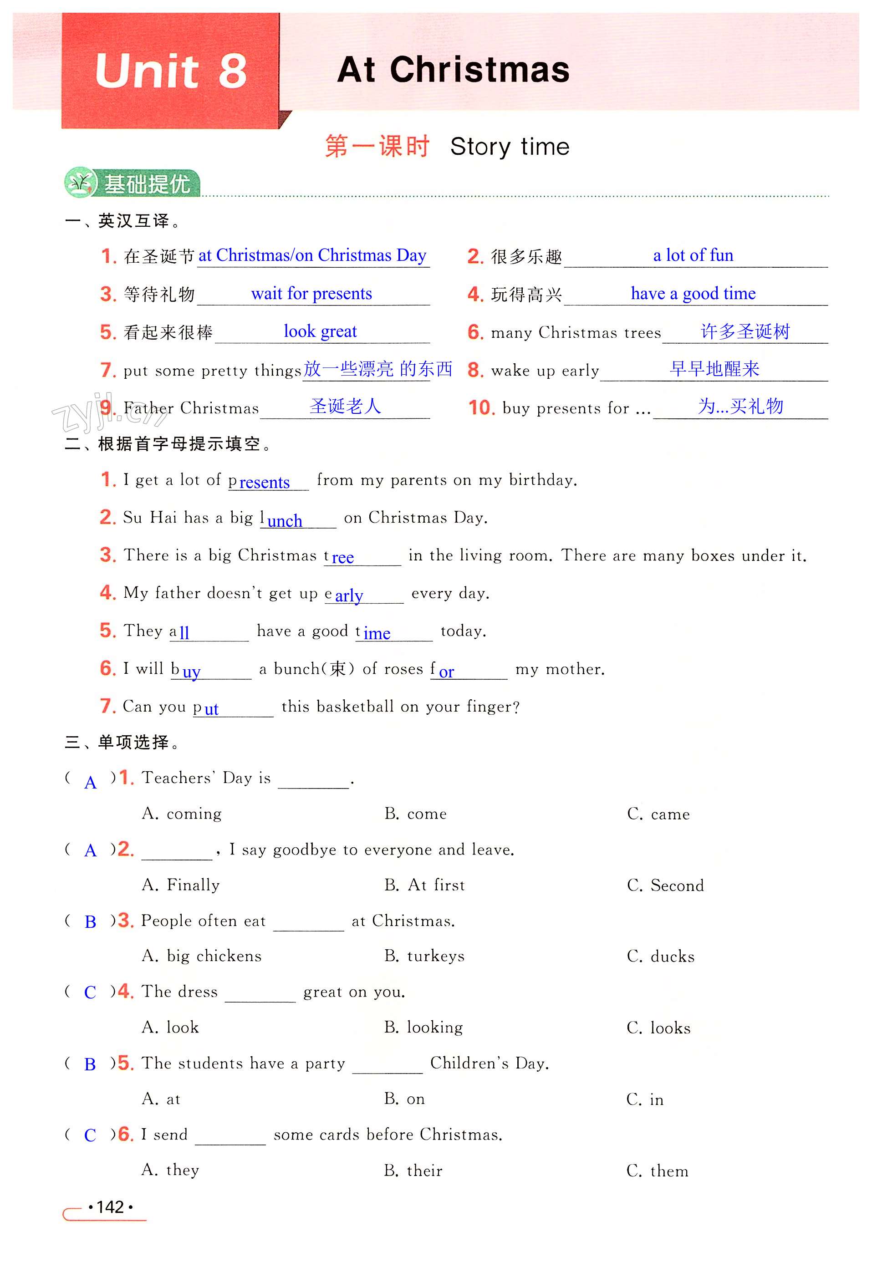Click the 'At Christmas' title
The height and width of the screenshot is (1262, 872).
click(453, 70)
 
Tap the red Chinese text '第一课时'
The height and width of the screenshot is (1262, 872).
click(377, 147)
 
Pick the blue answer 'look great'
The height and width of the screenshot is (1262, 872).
click(320, 331)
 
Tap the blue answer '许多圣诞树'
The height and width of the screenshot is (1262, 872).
click(745, 331)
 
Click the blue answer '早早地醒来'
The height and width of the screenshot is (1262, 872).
click(714, 369)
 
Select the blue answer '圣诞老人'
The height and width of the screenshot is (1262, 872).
click(345, 406)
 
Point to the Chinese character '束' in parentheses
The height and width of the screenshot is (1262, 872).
click(338, 668)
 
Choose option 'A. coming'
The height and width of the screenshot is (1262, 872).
click(182, 814)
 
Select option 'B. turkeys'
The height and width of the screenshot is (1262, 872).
click(424, 956)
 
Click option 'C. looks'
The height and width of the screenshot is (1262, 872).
click(658, 1028)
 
